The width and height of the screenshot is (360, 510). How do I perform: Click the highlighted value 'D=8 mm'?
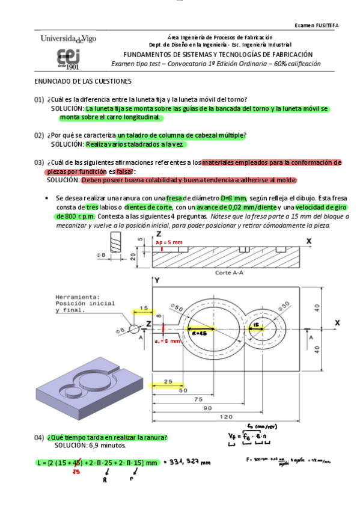(x=233, y=198)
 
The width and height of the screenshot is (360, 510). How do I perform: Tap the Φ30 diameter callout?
(x=284, y=305)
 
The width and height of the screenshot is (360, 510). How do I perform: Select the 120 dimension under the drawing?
(x=227, y=417)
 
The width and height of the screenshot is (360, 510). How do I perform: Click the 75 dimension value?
(x=197, y=399)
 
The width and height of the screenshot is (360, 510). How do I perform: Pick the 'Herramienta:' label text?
(x=75, y=297)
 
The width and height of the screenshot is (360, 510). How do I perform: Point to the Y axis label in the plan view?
(x=156, y=281)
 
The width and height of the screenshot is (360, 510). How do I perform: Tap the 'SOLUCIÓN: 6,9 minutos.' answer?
(x=90, y=446)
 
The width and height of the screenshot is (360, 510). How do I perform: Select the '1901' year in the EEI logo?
(x=64, y=67)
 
